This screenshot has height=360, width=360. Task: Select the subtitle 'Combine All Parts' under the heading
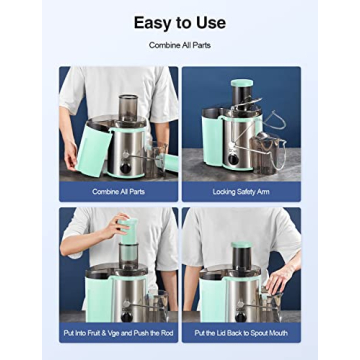(x=179, y=45)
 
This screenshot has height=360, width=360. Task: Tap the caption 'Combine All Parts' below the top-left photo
(x=119, y=190)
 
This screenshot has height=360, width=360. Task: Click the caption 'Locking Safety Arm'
(x=240, y=190)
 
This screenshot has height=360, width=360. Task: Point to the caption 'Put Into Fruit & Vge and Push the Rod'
(x=119, y=331)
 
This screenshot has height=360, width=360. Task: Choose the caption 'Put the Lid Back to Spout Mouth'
(x=240, y=331)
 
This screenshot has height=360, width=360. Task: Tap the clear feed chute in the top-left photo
(x=128, y=108)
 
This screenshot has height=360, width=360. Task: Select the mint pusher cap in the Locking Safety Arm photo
(x=241, y=84)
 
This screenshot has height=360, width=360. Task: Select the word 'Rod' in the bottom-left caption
(x=167, y=331)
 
